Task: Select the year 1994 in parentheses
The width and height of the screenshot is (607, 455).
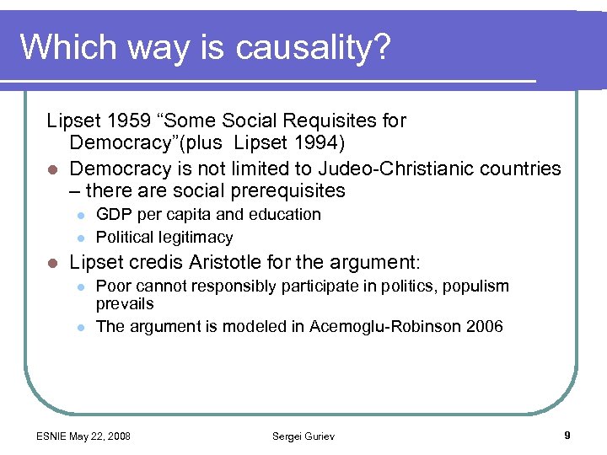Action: coord(319,144)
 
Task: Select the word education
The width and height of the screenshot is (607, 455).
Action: coord(282,214)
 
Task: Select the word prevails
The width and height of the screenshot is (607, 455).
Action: coord(125,302)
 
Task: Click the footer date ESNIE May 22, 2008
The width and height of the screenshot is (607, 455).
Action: coord(83,436)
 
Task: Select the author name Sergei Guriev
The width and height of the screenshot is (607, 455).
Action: coord(303,436)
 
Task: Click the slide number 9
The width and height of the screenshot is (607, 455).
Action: coord(567,435)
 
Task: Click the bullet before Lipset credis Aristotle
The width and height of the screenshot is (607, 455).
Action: coord(52,262)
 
